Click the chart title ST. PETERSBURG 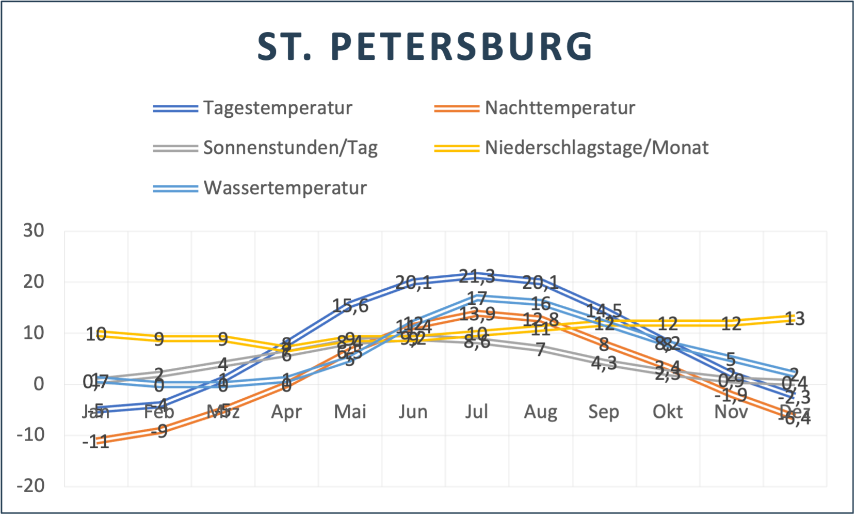(426, 46)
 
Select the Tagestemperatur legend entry (277, 108)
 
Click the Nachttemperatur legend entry (560, 108)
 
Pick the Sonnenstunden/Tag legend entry (290, 148)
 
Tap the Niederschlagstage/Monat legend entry (596, 148)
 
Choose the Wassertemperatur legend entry (285, 187)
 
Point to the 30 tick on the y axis (34, 230)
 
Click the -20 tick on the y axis (30, 486)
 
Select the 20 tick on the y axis (34, 282)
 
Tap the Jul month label (476, 412)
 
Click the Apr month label (286, 412)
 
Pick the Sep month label (603, 412)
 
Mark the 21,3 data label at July (477, 276)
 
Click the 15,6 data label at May (350, 306)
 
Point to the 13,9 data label (477, 314)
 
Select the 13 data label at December (795, 319)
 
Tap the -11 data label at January (96, 442)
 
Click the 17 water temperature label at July (477, 298)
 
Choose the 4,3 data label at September (604, 363)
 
